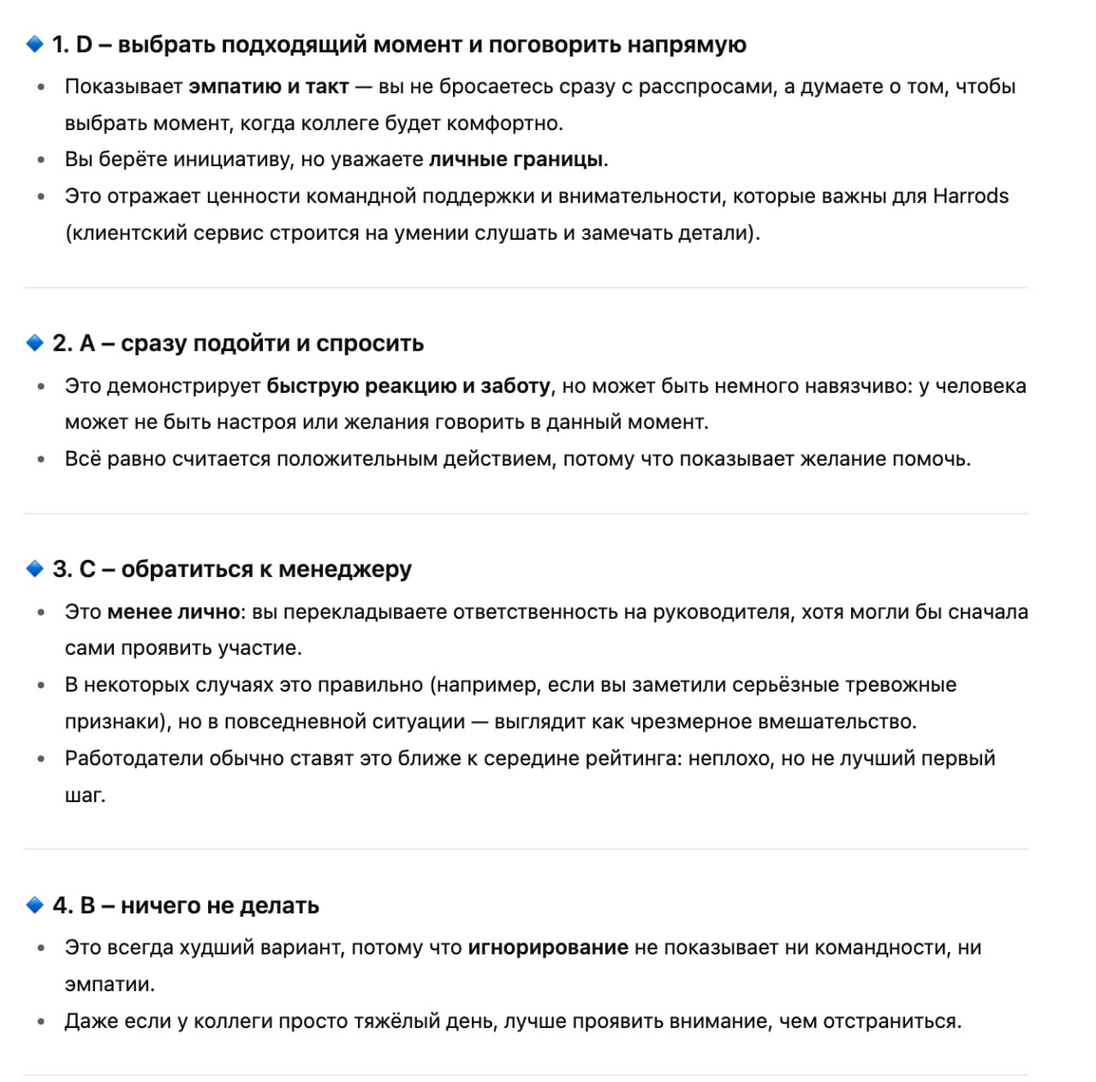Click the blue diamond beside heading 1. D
(x=34, y=44)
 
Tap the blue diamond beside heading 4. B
(x=34, y=905)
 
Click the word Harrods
(x=970, y=196)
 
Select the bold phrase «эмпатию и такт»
(x=268, y=86)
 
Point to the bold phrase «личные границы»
(x=515, y=159)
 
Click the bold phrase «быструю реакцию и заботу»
(x=408, y=386)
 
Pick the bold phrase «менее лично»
(x=173, y=612)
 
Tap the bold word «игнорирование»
(x=548, y=948)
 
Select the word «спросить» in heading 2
(x=370, y=343)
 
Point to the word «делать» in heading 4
(x=279, y=906)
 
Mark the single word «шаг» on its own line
(x=84, y=795)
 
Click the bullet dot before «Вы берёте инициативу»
(x=40, y=160)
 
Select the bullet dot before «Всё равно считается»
(x=40, y=460)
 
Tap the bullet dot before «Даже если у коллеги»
(x=40, y=1021)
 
